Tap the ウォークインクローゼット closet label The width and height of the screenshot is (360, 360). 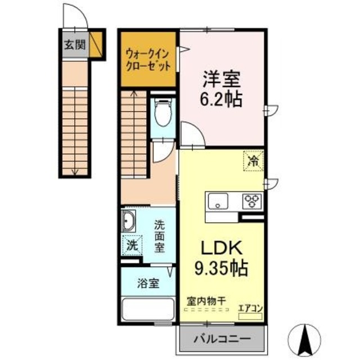[149, 58]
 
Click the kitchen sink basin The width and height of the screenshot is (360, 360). [217, 201]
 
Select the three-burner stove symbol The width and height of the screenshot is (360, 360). [251, 201]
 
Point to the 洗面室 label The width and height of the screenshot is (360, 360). [162, 236]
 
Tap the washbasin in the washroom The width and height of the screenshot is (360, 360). [128, 221]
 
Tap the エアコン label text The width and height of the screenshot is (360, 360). [250, 308]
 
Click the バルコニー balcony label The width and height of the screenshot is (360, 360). [221, 339]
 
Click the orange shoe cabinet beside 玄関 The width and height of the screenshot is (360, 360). [95, 44]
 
